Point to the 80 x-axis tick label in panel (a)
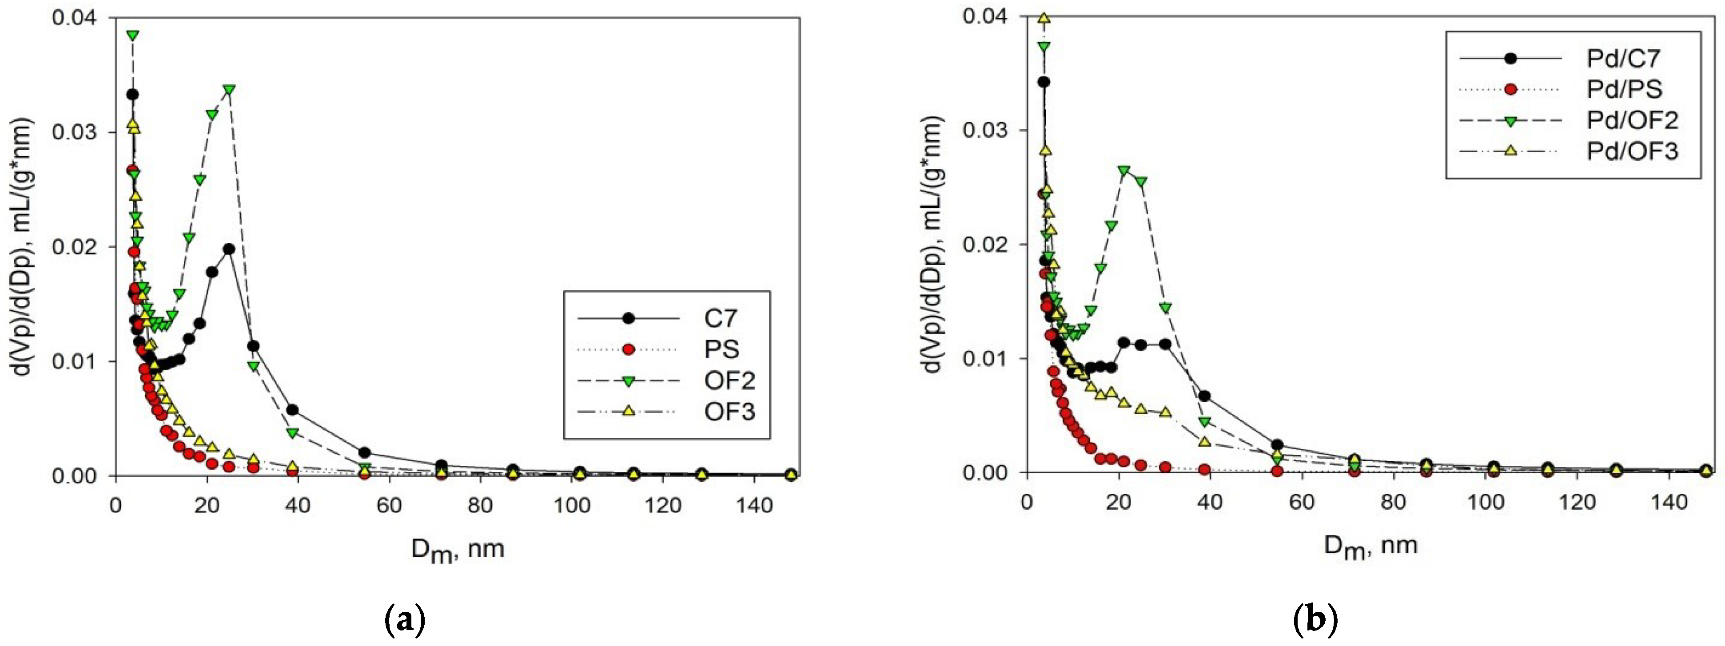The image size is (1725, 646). click(480, 505)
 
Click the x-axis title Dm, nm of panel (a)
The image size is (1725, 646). click(458, 550)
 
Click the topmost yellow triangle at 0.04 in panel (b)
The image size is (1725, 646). click(1043, 18)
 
